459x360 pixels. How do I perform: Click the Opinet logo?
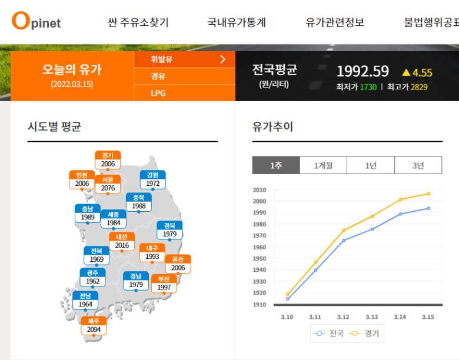click(36, 22)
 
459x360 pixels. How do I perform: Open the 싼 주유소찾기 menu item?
click(138, 22)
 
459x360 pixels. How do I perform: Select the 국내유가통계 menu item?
click(237, 22)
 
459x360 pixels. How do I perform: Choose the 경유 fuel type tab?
click(158, 76)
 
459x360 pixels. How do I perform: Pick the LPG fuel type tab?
click(158, 93)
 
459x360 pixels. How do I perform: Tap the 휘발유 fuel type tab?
click(162, 59)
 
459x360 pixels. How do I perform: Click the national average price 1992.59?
click(362, 72)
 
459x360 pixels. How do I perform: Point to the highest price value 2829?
click(419, 87)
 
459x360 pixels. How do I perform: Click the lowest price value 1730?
click(368, 87)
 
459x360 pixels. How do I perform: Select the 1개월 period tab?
click(323, 166)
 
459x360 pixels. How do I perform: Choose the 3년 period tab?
click(418, 166)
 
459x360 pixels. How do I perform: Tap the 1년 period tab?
click(371, 166)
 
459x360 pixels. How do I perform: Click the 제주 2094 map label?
click(94, 326)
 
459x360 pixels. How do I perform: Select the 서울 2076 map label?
click(108, 184)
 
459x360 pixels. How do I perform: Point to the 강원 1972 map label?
click(152, 179)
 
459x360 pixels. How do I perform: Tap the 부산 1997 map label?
click(164, 284)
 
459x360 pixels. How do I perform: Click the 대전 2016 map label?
click(122, 241)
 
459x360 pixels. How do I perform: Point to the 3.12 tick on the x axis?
click(344, 316)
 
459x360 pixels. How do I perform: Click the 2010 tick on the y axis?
click(260, 190)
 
